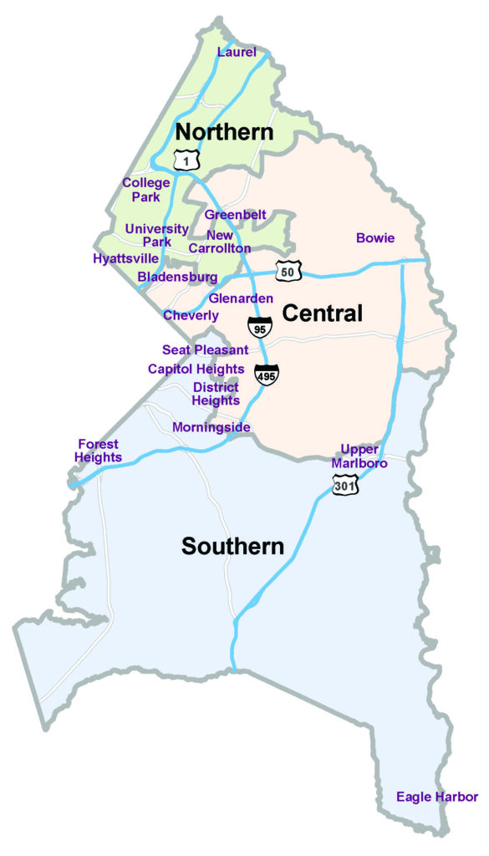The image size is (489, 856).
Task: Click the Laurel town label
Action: (x=236, y=53)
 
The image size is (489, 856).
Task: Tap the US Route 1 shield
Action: (x=184, y=158)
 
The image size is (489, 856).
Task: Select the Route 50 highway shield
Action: (x=288, y=271)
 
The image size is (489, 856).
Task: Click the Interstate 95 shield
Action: (x=259, y=326)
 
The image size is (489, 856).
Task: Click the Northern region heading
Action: (x=224, y=132)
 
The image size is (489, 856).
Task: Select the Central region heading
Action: (x=322, y=313)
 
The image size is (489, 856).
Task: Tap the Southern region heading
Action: (x=233, y=547)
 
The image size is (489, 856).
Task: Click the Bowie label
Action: (x=375, y=238)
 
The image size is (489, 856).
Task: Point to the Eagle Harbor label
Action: (x=437, y=797)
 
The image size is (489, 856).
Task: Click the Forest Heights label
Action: (x=98, y=451)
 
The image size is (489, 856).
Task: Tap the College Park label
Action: (x=146, y=190)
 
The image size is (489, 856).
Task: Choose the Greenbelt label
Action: (x=235, y=215)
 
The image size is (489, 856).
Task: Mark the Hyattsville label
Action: (x=125, y=258)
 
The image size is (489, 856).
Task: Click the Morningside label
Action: (x=211, y=427)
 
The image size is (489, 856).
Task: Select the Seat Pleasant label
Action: (x=205, y=350)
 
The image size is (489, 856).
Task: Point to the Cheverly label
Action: (x=191, y=315)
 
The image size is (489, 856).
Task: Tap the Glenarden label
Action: (x=241, y=298)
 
